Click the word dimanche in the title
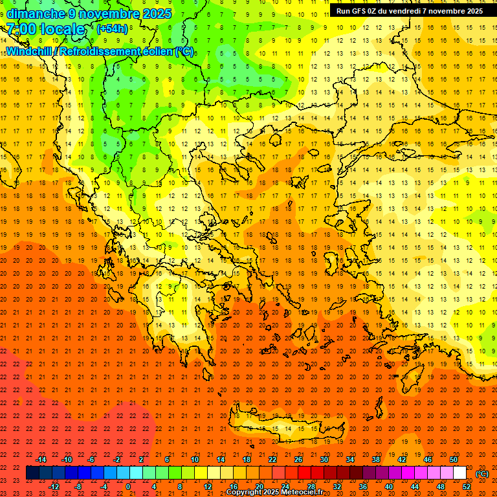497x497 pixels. coord(36,14)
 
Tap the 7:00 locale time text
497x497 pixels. coord(45,29)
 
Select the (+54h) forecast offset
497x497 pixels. coord(112,29)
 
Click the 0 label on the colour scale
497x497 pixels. coord(128,487)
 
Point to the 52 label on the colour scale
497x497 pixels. coord(467,487)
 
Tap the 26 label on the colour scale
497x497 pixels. coord(298,459)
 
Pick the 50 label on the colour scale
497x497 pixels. coord(454,459)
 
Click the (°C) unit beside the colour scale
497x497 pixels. coord(482,474)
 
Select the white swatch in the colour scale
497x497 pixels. coord(459,473)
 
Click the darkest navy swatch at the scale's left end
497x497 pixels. coord(32,473)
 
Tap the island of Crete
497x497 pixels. coord(285,428)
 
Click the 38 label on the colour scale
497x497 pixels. coord(376,459)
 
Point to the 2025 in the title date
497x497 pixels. coord(155,14)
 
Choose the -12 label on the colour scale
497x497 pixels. coord(54,487)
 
